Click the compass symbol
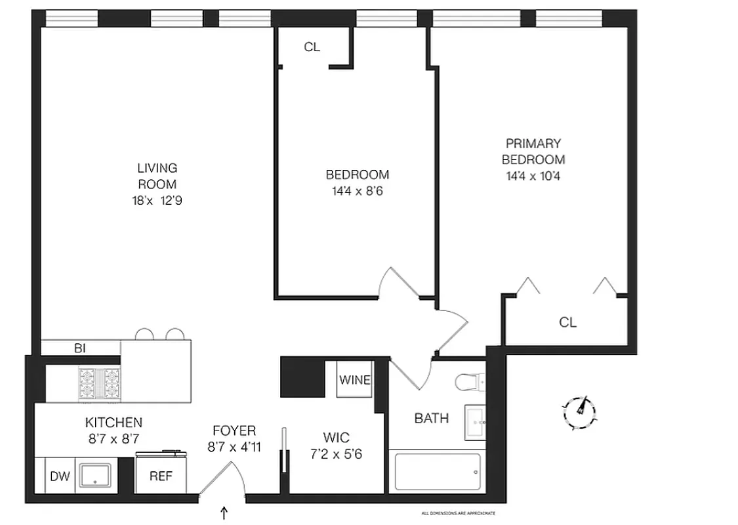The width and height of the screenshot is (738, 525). tap(580, 411)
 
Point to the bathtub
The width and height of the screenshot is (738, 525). tap(437, 472)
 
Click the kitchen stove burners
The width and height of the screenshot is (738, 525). tap(99, 383)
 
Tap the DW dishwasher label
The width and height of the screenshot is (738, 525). tap(59, 476)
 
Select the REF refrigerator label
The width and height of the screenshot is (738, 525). tap(161, 476)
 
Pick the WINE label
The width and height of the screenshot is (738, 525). tap(355, 381)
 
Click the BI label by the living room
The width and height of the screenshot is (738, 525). tap(80, 348)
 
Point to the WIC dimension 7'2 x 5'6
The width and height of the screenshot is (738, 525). tap(336, 453)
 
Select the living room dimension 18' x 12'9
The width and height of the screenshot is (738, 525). tap(157, 201)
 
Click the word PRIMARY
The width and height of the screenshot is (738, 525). tap(533, 143)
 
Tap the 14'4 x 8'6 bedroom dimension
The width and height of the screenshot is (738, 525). tap(357, 192)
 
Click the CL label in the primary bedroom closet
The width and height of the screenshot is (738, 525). tap(567, 322)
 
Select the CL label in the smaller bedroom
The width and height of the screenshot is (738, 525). tap(312, 47)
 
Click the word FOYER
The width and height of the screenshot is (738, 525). tap(234, 431)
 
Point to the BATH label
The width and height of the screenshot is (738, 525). tap(431, 418)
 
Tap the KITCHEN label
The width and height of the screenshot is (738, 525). tap(113, 423)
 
